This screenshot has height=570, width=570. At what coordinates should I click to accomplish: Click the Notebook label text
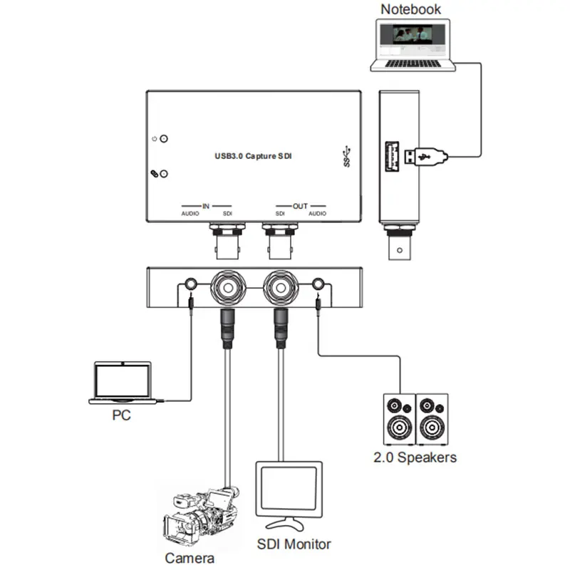[x=410, y=9]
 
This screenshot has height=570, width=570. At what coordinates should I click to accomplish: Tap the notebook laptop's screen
[x=413, y=40]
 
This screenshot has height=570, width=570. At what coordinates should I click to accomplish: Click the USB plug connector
[x=425, y=157]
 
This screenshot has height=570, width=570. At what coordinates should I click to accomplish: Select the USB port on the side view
[x=392, y=156]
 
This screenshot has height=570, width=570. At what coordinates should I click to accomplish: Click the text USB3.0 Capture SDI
[x=253, y=156]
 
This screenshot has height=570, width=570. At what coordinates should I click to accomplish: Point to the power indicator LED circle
[x=164, y=139]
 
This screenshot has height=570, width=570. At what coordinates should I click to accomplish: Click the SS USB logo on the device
[x=347, y=156]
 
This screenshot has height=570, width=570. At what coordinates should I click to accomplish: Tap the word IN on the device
[x=206, y=206]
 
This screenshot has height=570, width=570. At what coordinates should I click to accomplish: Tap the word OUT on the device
[x=300, y=206]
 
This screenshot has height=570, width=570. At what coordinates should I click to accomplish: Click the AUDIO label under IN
[x=190, y=214]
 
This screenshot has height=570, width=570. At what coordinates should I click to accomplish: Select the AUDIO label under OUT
[x=317, y=214]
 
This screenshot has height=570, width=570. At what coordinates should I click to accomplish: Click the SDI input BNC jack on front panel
[x=228, y=288]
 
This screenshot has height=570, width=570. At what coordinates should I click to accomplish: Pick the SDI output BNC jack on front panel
[x=281, y=288]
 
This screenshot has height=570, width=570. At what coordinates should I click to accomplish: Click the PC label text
[x=121, y=415]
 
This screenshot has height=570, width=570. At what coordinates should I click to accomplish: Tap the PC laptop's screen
[x=122, y=380]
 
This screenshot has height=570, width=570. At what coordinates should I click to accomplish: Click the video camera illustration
[x=200, y=516]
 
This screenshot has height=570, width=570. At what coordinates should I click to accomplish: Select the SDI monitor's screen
[x=289, y=488]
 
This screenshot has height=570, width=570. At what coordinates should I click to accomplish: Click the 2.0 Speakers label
[x=415, y=457]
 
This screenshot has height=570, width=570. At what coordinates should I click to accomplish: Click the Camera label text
[x=190, y=558]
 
